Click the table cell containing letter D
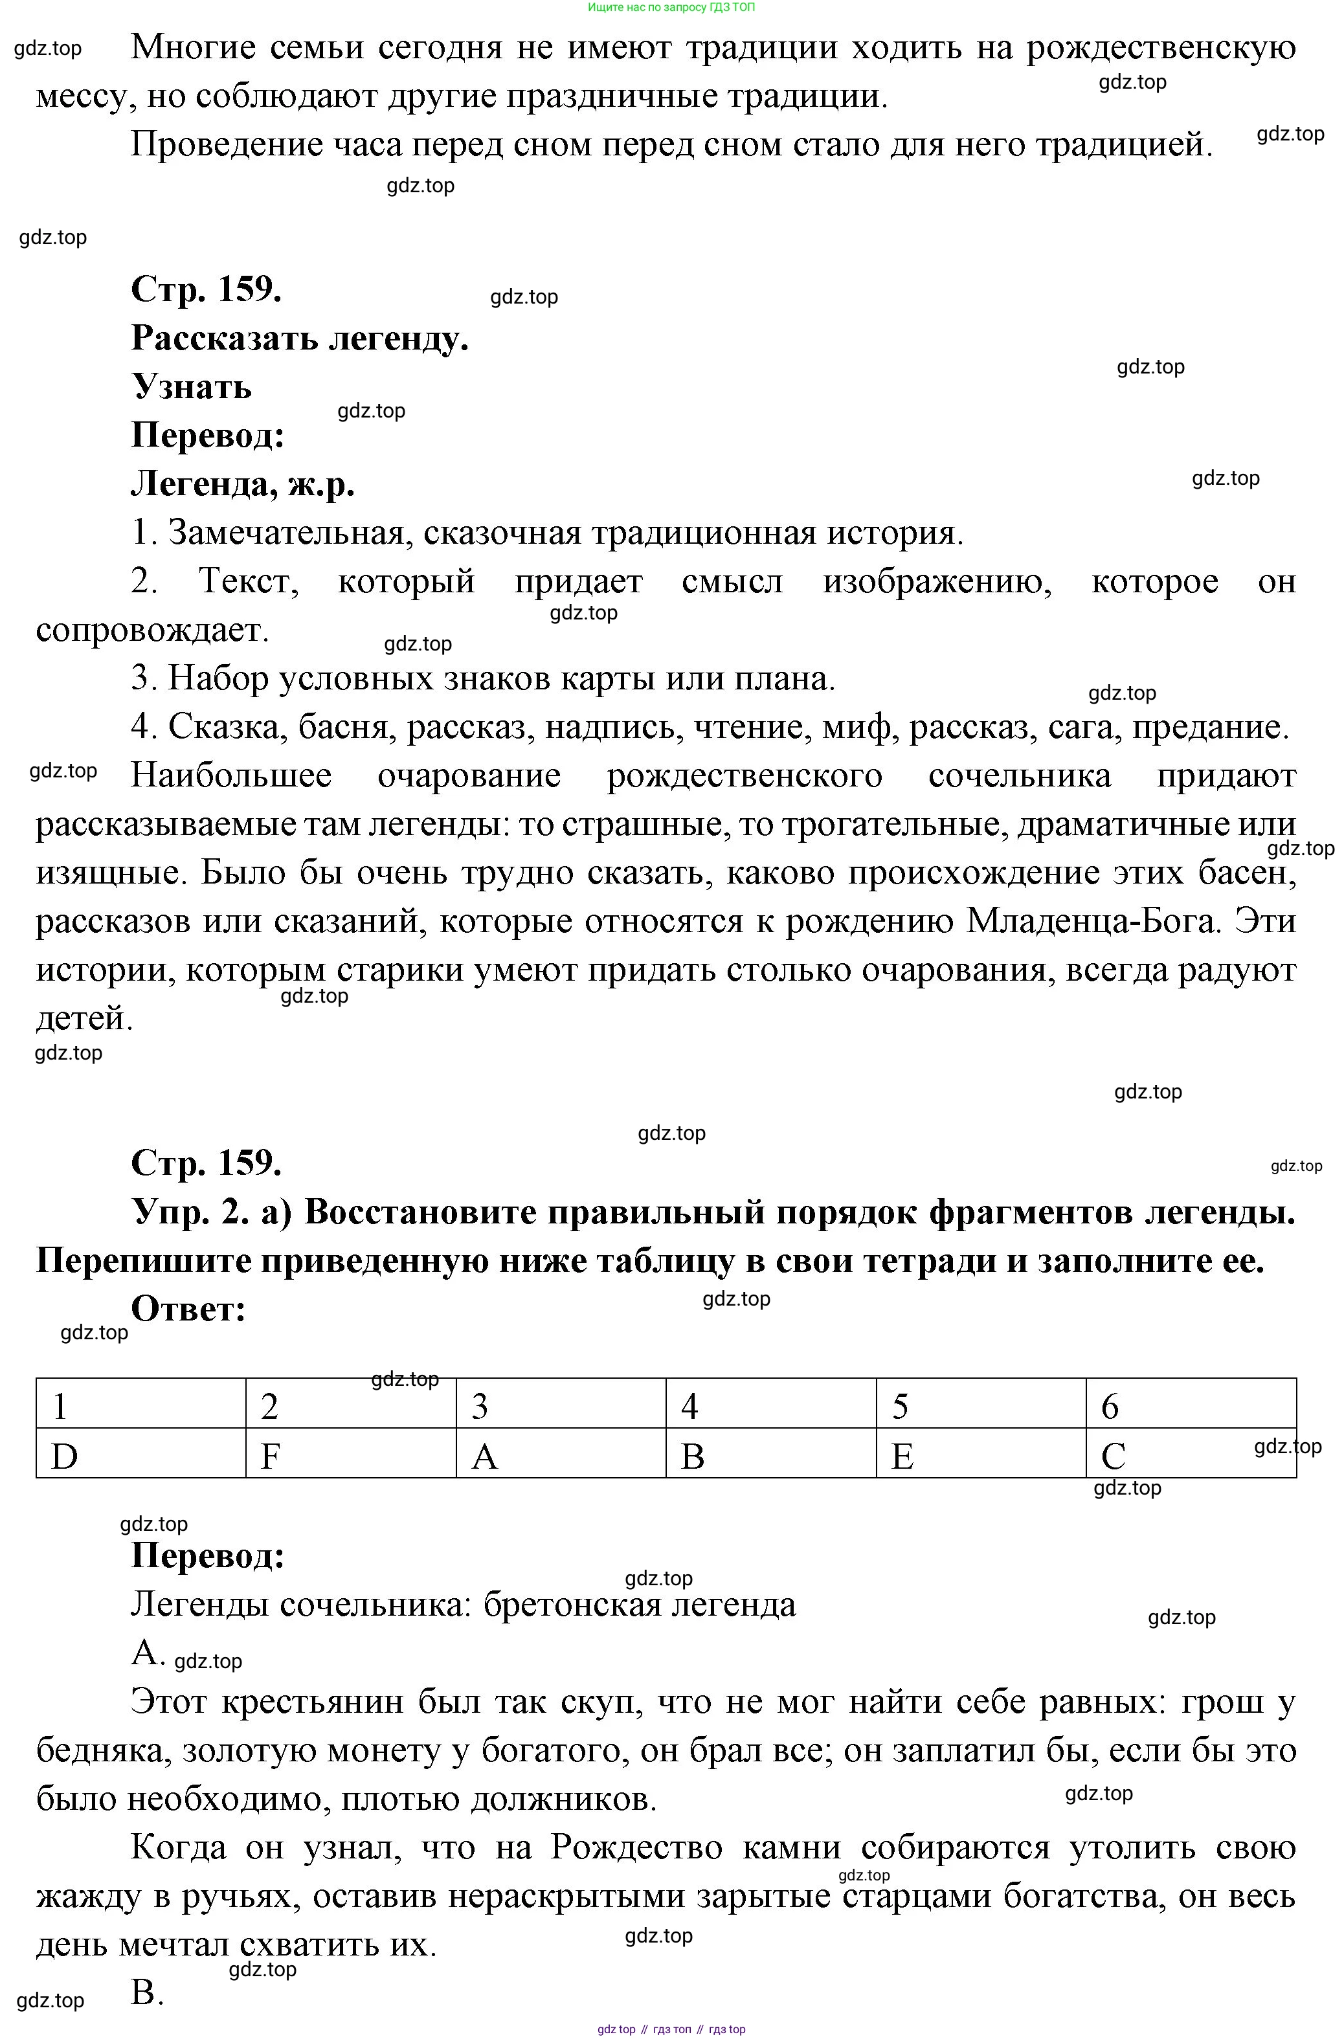pyautogui.click(x=140, y=1454)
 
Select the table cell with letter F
pyautogui.click(x=351, y=1454)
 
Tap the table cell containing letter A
pyautogui.click(x=561, y=1454)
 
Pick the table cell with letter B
pyautogui.click(x=770, y=1454)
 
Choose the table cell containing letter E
pyautogui.click(x=981, y=1454)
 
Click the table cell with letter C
pyautogui.click(x=1191, y=1454)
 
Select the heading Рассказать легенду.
pyautogui.click(x=299, y=339)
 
